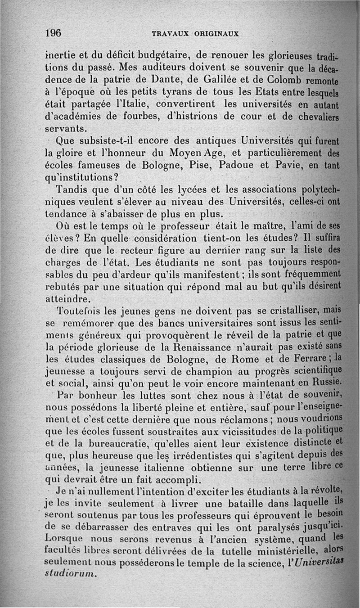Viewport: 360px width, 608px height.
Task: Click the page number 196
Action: coord(53,33)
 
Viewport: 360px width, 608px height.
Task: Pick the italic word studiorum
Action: coord(71,573)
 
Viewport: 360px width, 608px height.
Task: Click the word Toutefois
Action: coord(77,311)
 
